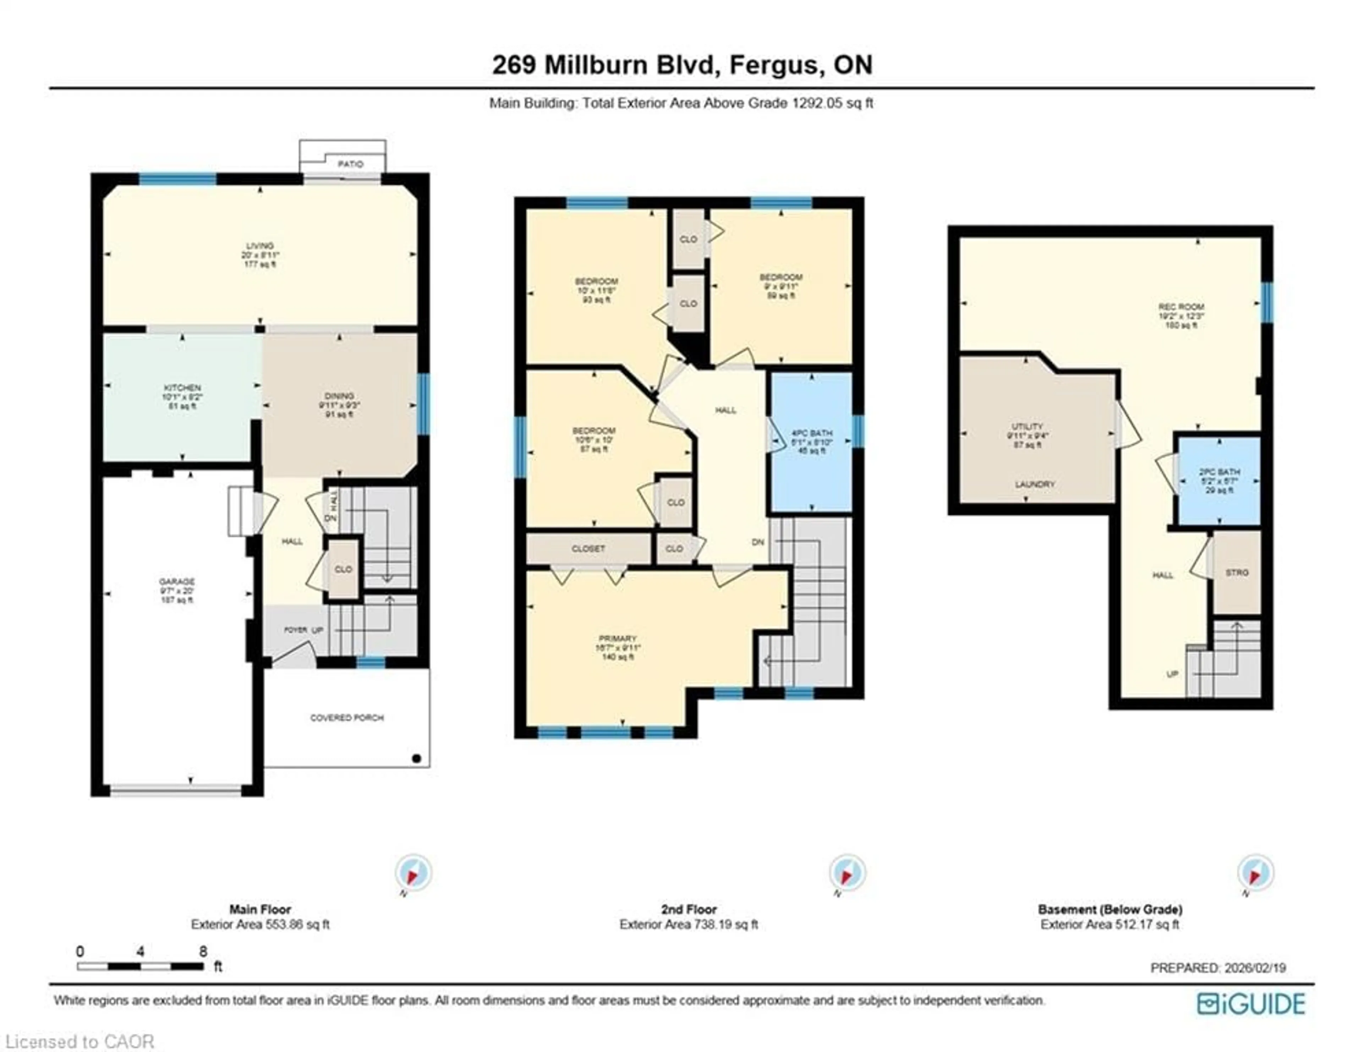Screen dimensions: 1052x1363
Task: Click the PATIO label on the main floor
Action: [x=350, y=164]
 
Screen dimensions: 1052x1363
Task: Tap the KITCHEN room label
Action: [x=182, y=388]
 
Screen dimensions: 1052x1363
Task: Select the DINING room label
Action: [x=339, y=396]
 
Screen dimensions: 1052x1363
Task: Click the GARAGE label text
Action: [x=177, y=581]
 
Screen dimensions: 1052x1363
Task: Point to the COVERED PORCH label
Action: [x=347, y=718]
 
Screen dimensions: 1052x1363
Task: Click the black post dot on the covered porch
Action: [x=417, y=759]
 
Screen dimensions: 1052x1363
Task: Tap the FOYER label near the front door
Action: [x=296, y=630]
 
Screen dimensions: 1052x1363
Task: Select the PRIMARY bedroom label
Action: [x=617, y=638]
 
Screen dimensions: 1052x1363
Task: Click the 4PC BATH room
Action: [x=811, y=441]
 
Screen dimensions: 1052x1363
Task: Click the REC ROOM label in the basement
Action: [x=1181, y=307]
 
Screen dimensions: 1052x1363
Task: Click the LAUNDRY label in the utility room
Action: [x=1034, y=484]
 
